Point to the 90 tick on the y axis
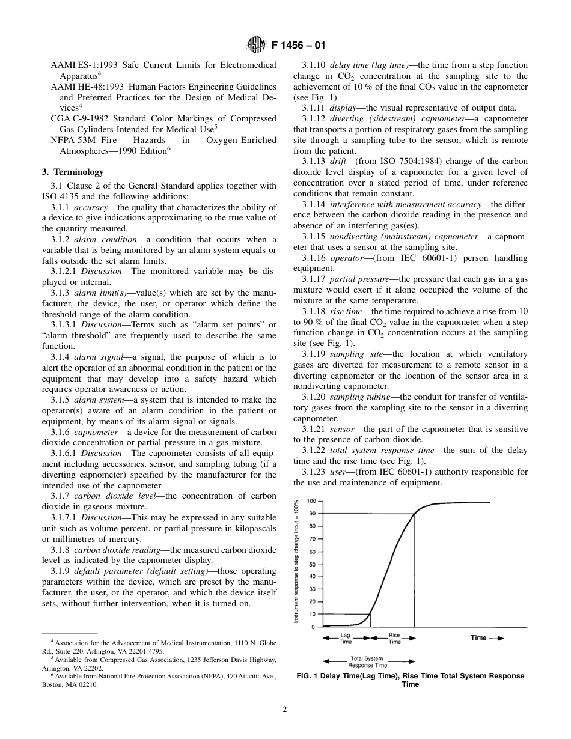312,514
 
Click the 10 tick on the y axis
312,614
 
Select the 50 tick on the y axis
312,564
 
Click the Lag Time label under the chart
346,638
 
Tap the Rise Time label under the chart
394,638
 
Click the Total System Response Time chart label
368,662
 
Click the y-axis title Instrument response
297,562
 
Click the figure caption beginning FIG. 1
411,680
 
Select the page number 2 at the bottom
285,709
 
